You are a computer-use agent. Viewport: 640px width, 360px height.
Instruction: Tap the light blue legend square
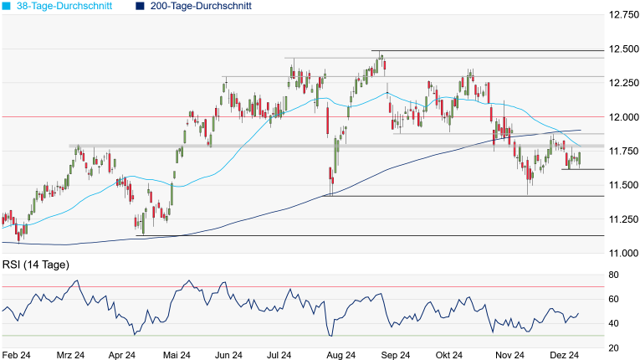click(x=7, y=6)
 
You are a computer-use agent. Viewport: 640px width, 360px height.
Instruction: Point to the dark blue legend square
click(x=140, y=6)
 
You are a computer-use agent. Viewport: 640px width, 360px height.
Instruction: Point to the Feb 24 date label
click(x=18, y=354)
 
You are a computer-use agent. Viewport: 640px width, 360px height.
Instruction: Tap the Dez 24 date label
click(x=566, y=354)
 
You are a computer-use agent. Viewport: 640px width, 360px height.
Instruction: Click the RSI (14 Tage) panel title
click(x=35, y=265)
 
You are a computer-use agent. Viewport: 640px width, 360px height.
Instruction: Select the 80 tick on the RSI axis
click(x=613, y=275)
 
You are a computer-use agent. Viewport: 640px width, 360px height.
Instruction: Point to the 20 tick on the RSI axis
click(x=613, y=347)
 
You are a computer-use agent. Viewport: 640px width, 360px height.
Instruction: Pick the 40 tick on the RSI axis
click(x=613, y=323)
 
